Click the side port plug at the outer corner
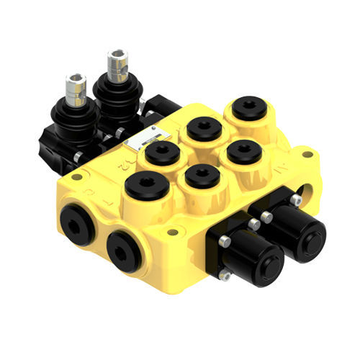(x=76, y=221)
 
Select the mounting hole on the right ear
(x=308, y=154)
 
